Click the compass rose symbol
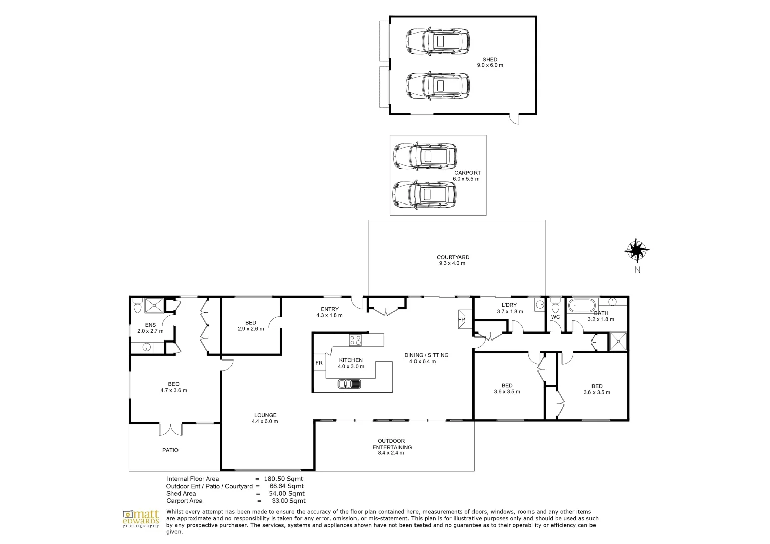pyautogui.click(x=636, y=250)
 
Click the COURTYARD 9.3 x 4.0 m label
pyautogui.click(x=453, y=260)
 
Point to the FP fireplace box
pyautogui.click(x=461, y=319)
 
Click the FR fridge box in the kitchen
pyautogui.click(x=319, y=363)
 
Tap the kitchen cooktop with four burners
pyautogui.click(x=355, y=340)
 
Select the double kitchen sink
pyautogui.click(x=349, y=384)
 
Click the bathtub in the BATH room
pyautogui.click(x=582, y=305)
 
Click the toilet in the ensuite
pyautogui.click(x=137, y=305)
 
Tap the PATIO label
pyautogui.click(x=170, y=450)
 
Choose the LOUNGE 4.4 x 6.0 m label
pyautogui.click(x=265, y=418)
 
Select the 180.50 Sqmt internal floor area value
pyautogui.click(x=283, y=479)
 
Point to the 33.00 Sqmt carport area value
pyautogui.click(x=287, y=501)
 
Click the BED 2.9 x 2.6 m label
pyautogui.click(x=251, y=326)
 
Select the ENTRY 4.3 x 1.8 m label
pyautogui.click(x=329, y=312)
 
